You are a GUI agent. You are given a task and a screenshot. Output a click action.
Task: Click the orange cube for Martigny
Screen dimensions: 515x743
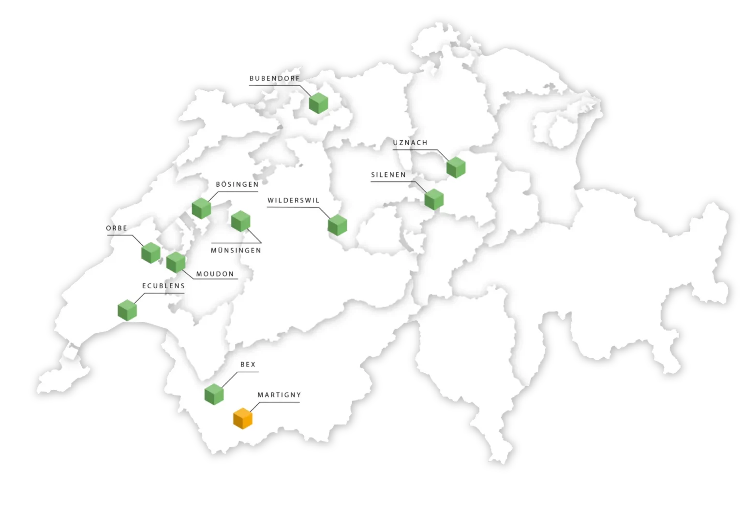[243, 418]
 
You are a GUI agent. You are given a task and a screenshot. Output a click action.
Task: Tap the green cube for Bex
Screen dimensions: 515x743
[214, 394]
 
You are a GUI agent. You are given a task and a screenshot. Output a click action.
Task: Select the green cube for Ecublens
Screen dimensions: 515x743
[127, 310]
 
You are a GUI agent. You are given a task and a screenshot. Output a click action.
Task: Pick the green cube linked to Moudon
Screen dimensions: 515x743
[176, 262]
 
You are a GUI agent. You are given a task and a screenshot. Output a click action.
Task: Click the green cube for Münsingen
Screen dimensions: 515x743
[240, 221]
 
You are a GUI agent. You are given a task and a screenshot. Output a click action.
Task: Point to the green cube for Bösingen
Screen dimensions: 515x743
[201, 208]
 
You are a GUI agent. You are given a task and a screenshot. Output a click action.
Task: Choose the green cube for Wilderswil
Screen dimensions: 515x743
[337, 225]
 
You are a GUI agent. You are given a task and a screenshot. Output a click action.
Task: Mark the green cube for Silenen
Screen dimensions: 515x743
[434, 199]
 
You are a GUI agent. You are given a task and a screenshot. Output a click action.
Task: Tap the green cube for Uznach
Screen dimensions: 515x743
[456, 167]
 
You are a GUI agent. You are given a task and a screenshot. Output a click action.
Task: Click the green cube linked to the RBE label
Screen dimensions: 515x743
[151, 253]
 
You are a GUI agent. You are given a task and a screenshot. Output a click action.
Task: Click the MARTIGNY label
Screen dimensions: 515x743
[279, 395]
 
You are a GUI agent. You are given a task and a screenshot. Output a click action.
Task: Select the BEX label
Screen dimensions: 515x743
[248, 365]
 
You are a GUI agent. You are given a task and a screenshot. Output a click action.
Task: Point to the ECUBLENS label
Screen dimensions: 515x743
[163, 286]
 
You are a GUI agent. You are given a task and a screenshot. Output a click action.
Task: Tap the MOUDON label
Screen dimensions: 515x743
[215, 274]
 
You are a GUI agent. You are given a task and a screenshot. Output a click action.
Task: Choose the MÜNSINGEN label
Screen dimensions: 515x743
[236, 250]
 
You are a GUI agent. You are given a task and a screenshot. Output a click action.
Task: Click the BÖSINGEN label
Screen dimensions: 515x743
[237, 184]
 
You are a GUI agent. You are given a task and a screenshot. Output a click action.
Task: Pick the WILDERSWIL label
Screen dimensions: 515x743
[293, 200]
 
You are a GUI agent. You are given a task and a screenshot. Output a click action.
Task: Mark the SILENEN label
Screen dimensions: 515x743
[388, 175]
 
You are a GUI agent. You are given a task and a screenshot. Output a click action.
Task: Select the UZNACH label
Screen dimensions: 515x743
[410, 143]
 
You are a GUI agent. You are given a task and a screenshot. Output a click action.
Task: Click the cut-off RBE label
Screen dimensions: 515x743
[121, 228]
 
